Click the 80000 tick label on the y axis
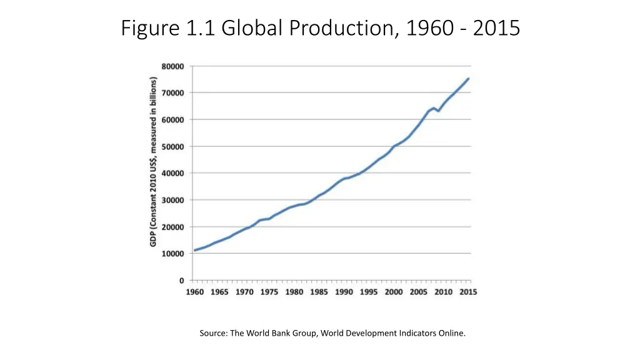[173, 66]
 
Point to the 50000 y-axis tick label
[173, 146]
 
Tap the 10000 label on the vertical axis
[173, 254]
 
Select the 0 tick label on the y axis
[182, 281]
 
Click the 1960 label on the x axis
[194, 292]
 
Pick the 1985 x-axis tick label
[319, 292]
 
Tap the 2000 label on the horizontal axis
[394, 292]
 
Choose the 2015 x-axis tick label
[469, 292]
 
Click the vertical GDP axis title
[153, 161]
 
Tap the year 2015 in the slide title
[497, 28]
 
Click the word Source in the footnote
[214, 333]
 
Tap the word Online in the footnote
[452, 333]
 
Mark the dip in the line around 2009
[438, 111]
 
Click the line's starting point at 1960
[195, 250]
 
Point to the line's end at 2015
[469, 79]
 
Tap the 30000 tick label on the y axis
[173, 200]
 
